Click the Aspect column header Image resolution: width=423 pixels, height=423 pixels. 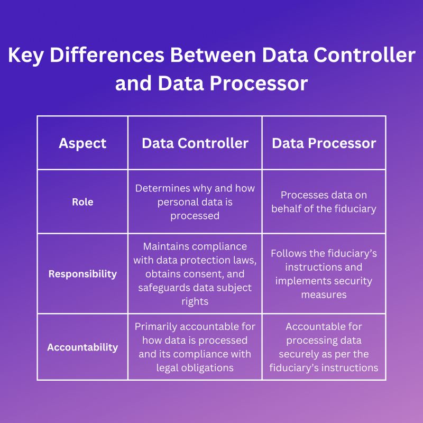82,143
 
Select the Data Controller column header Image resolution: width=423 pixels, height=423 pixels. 195,143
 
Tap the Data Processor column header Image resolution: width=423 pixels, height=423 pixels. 324,143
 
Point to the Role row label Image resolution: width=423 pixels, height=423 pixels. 82,202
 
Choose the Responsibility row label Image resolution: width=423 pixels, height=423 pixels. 82,274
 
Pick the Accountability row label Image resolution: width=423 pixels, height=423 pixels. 82,347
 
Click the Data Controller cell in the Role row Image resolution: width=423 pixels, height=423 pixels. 195,201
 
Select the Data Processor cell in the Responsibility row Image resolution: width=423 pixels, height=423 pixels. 324,274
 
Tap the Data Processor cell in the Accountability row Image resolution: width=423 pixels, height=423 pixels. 324,347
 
